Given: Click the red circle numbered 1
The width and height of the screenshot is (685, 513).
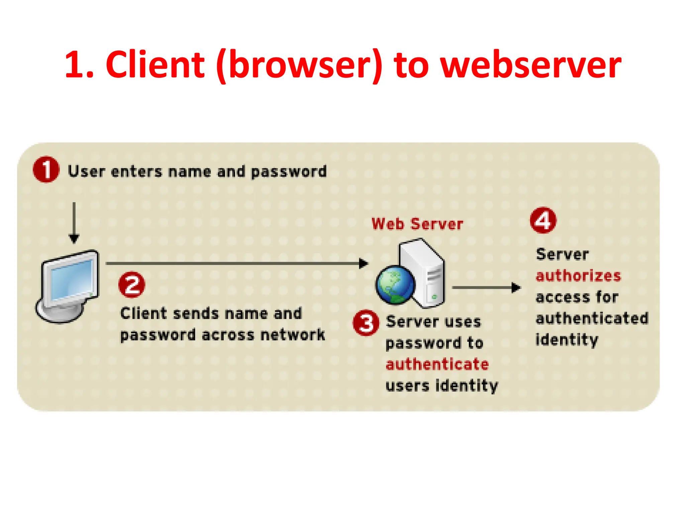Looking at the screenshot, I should point(46,170).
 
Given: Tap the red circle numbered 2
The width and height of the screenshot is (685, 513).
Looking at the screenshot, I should point(132,285).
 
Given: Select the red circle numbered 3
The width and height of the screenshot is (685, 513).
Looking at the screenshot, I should point(366,323).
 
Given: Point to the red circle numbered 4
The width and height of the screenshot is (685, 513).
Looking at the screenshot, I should point(543,220).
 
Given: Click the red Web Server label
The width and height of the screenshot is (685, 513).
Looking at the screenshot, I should point(417,224).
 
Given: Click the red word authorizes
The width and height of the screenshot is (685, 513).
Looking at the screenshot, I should point(578,276).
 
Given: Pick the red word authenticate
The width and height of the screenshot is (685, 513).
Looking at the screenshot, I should point(437,364).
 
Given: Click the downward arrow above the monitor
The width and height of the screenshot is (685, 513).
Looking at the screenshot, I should point(74,222).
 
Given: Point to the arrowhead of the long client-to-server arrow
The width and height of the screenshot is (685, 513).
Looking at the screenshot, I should point(363,263).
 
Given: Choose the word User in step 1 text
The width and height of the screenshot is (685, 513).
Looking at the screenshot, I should point(87,171).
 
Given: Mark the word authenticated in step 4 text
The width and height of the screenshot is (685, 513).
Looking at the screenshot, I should point(592,318).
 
